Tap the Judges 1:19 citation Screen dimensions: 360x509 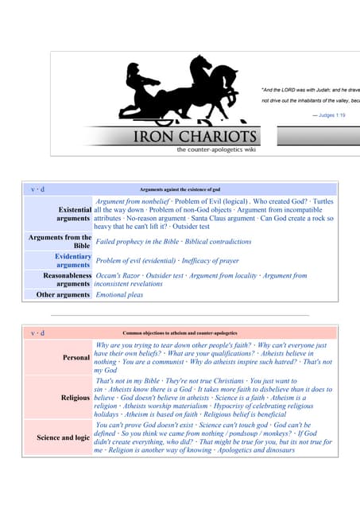click(x=329, y=115)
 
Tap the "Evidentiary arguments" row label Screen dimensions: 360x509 click(x=72, y=261)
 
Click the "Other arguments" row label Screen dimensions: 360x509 click(x=64, y=295)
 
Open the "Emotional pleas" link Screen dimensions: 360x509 click(x=119, y=295)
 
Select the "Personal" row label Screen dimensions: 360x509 click(x=76, y=358)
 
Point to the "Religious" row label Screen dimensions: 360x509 click(x=75, y=398)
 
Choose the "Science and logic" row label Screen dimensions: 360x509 click(x=63, y=437)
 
